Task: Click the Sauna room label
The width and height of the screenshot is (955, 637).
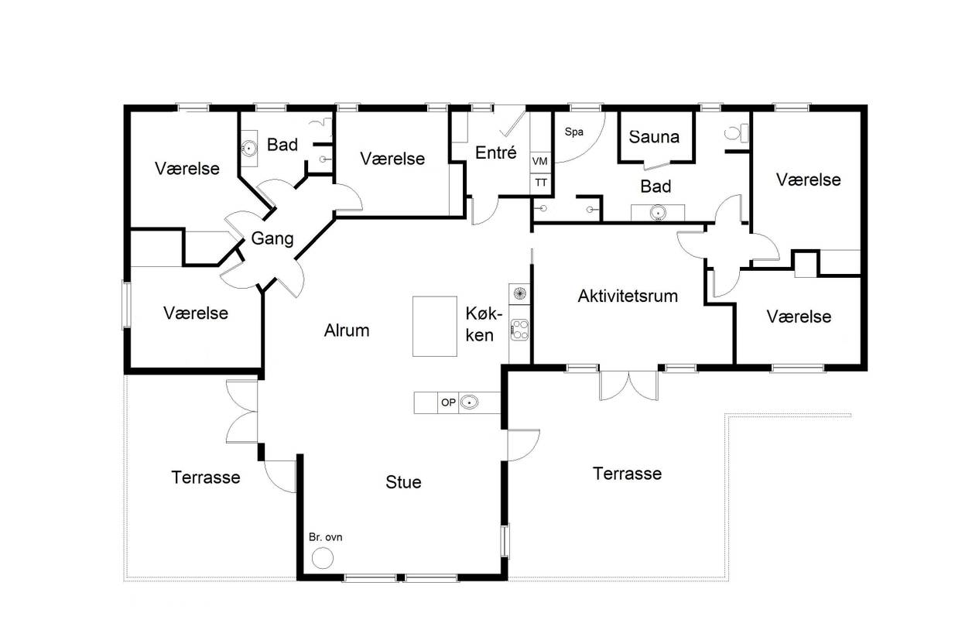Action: [654, 137]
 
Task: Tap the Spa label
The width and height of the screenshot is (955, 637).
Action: [574, 132]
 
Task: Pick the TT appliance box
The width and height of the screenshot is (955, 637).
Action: [540, 183]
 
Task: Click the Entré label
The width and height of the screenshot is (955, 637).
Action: [496, 152]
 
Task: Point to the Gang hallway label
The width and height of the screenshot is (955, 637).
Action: [272, 238]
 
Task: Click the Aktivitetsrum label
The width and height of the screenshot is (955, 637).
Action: [628, 296]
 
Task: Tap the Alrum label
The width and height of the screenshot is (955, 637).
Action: [347, 330]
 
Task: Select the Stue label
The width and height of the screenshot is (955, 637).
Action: [403, 482]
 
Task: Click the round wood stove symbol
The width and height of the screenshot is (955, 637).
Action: [322, 558]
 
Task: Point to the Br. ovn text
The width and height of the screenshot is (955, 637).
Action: [325, 537]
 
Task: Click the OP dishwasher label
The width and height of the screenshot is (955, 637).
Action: [448, 402]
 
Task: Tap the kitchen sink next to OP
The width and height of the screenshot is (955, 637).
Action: [470, 402]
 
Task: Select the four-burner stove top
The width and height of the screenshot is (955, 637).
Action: [520, 330]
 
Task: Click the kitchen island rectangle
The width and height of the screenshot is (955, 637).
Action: [434, 326]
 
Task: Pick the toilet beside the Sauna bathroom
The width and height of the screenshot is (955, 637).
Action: [735, 133]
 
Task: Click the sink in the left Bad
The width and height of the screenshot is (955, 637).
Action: [248, 149]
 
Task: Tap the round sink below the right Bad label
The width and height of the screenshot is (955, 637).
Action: [658, 212]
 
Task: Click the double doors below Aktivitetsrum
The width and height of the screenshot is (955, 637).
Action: [629, 385]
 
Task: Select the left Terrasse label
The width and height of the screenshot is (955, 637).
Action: [206, 477]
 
